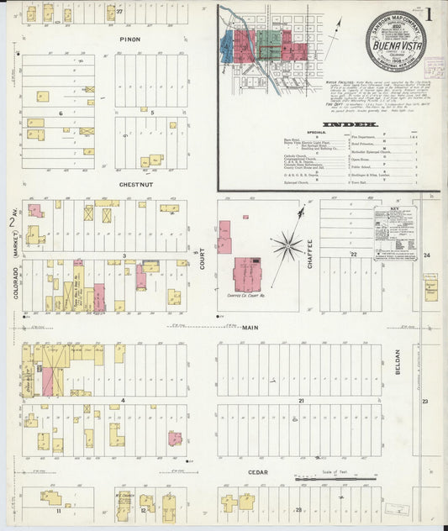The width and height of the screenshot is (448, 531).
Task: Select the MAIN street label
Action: coord(250,329)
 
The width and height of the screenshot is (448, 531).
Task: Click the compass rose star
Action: coord(287,246)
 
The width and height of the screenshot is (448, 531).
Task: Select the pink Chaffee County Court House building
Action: coord(249,275)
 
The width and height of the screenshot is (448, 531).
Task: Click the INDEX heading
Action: coord(332,124)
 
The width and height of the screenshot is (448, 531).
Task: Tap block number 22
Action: coord(354,254)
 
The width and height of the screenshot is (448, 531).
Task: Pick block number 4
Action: coord(124,400)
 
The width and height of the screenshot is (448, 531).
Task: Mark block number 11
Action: coord(58,510)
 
